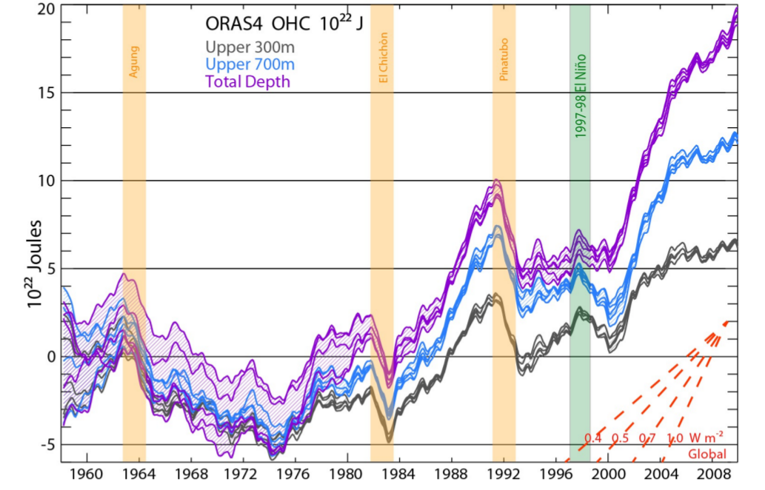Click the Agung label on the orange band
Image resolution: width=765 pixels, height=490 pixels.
tap(134, 62)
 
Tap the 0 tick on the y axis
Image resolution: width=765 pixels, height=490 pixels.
tap(50, 357)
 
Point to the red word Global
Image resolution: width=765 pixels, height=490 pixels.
tap(707, 454)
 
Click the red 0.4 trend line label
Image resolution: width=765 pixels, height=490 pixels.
tap(593, 437)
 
